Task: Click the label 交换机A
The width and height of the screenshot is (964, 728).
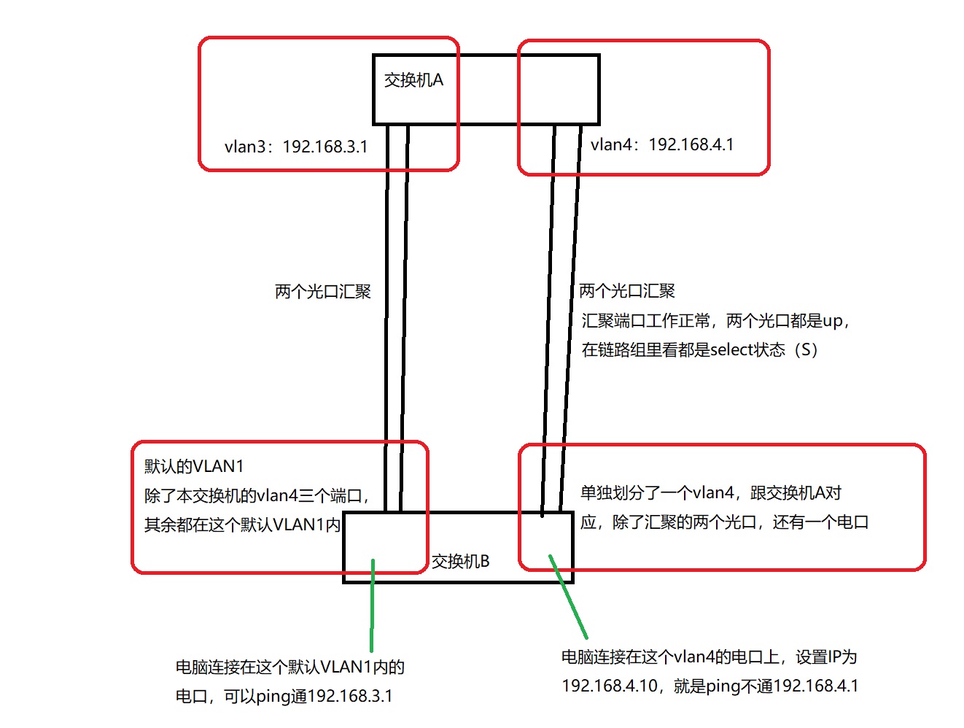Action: [413, 80]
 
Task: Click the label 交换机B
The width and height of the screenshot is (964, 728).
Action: [460, 561]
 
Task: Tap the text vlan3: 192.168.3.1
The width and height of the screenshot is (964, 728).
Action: [296, 147]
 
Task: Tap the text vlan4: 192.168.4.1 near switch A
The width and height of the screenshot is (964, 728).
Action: [662, 144]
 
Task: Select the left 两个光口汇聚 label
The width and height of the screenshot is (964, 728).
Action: [323, 292]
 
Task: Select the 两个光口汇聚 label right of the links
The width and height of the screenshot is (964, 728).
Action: [627, 291]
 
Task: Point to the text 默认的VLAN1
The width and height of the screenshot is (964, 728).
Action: [194, 466]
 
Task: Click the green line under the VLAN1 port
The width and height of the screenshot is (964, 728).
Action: [372, 605]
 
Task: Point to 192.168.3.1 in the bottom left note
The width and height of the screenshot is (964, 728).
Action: [351, 696]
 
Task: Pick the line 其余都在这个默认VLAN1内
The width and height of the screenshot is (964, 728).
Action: [242, 524]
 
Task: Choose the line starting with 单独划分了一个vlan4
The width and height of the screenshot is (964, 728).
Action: [711, 493]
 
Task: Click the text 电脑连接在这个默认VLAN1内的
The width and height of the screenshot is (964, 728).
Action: [290, 667]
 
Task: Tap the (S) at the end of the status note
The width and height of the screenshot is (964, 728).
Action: [806, 349]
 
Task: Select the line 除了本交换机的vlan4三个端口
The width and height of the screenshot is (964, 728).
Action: [257, 496]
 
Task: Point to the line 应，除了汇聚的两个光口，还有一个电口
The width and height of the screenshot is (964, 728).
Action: [724, 522]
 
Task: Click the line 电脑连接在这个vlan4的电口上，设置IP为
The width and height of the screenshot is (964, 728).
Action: [709, 657]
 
